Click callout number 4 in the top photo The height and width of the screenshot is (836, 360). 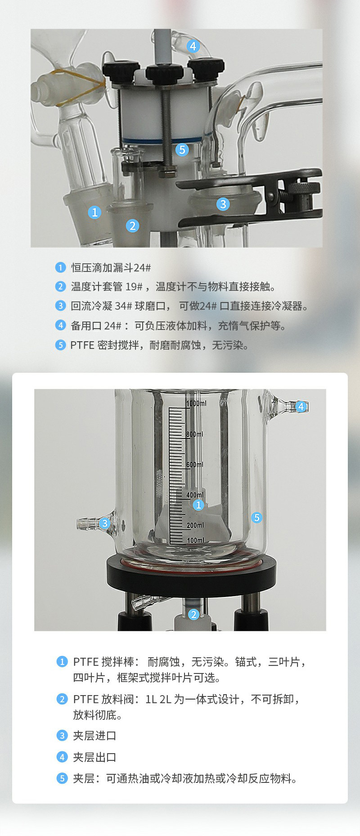coord(193,46)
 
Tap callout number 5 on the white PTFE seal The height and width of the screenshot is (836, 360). coord(182,149)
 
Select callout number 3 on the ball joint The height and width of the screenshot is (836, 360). coord(223,204)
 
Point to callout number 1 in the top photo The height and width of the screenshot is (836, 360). coord(94,212)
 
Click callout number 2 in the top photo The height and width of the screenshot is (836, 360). coord(132,226)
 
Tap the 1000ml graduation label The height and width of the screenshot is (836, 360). coord(196,403)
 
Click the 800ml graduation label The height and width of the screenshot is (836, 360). coord(195,434)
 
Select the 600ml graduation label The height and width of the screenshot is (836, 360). coord(195,464)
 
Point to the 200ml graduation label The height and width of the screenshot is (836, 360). coord(195,525)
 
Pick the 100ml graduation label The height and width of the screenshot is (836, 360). coord(195,540)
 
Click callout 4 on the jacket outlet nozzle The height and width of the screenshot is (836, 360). coord(301,407)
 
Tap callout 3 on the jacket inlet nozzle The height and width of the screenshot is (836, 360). coord(105,523)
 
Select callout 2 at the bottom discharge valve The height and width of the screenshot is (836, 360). coord(193,614)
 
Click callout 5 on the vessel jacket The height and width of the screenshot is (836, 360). coord(256,517)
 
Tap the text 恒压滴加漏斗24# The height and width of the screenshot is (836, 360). coord(111,268)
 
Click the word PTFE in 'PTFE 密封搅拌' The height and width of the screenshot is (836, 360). coord(82,345)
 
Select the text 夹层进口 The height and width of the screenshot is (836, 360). coord(94,736)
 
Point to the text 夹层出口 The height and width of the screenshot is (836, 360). coord(94,757)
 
